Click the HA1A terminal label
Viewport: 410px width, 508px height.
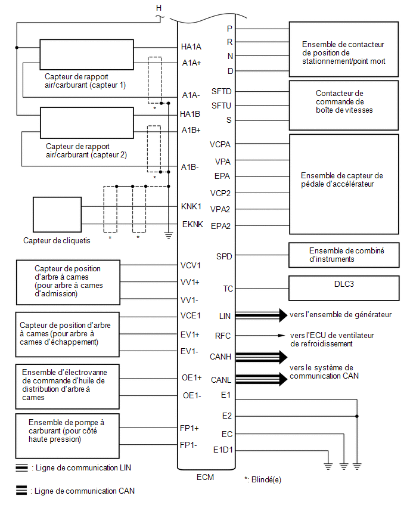[191, 47]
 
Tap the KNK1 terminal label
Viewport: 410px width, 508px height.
[191, 206]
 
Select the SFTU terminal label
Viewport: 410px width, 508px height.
[221, 106]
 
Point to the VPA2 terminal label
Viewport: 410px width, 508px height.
[220, 209]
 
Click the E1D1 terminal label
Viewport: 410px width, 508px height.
[223, 450]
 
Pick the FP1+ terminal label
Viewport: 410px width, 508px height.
[190, 428]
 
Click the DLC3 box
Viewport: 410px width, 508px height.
[344, 288]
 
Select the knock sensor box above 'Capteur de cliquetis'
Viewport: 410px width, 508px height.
[57, 215]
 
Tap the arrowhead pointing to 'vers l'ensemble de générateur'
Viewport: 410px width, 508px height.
[283, 315]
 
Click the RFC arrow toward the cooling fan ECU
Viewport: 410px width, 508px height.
[260, 335]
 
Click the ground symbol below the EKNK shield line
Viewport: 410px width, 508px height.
[169, 236]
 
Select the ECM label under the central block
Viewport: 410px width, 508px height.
[206, 477]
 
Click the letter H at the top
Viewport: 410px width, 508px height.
[159, 8]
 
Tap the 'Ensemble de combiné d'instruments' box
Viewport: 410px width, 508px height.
[344, 255]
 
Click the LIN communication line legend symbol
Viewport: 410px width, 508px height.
[21, 468]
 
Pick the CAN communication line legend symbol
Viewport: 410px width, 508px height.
[21, 491]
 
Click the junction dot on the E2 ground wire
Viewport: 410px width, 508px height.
[357, 416]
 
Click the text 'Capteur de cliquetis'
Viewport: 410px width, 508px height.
[57, 241]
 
